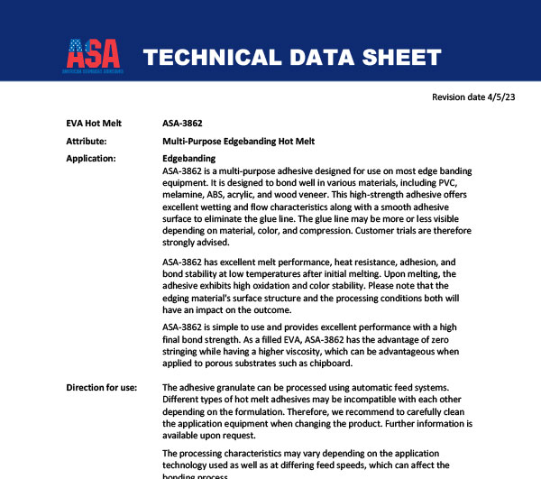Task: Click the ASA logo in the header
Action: [x=93, y=56]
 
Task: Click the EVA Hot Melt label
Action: [x=95, y=123]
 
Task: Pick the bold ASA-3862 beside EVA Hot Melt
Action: [x=183, y=123]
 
